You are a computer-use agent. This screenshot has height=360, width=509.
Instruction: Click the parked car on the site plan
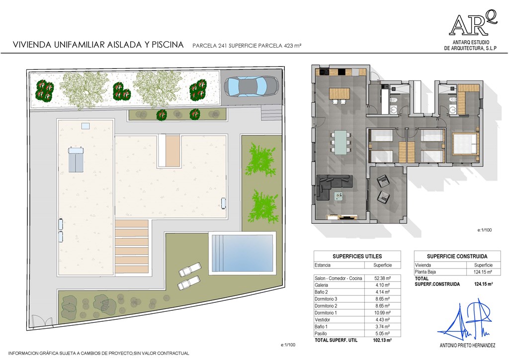(x=252, y=87)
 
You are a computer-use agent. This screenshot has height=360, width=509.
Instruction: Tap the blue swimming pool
(x=242, y=254)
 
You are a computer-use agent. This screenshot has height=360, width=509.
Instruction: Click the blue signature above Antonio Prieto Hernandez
(x=467, y=321)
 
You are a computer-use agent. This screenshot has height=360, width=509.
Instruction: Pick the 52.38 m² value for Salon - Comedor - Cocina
(x=382, y=278)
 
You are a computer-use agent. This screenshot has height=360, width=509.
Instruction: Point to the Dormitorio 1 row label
(x=326, y=313)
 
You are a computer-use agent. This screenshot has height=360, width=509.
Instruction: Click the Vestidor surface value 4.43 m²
(x=382, y=320)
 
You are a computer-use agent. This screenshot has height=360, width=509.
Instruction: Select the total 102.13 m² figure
(x=382, y=340)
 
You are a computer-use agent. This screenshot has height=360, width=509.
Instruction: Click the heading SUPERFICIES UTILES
(x=357, y=256)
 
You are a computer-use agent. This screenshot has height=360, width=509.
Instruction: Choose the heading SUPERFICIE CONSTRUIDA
(x=457, y=256)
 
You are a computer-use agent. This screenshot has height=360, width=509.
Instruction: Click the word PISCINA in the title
(x=168, y=45)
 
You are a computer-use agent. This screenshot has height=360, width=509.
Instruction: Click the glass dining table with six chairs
(x=340, y=142)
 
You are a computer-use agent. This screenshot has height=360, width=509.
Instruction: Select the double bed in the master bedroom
(x=465, y=144)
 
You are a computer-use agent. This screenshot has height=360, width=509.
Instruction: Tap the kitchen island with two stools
(x=339, y=95)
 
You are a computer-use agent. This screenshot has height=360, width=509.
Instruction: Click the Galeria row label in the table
(x=322, y=285)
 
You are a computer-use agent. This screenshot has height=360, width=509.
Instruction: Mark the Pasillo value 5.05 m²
(x=382, y=333)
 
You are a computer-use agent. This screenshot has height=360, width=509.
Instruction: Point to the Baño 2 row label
(x=321, y=292)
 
